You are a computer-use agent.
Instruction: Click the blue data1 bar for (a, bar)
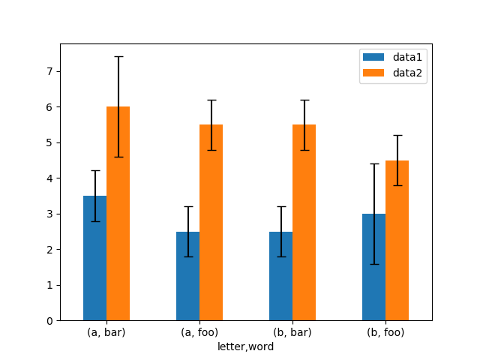click(94, 258)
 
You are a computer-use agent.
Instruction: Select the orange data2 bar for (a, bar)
click(118, 214)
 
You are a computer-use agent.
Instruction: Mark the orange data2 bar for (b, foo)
click(397, 240)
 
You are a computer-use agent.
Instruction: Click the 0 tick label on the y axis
click(50, 321)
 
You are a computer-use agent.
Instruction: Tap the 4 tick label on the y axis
click(50, 178)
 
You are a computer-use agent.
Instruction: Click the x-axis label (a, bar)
click(106, 332)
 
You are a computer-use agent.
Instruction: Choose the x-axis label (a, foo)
click(199, 332)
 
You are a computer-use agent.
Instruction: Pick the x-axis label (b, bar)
click(292, 332)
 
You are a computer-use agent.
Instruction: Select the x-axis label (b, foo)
click(385, 332)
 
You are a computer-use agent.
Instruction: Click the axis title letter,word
click(246, 346)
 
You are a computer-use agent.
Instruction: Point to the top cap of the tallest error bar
click(118, 56)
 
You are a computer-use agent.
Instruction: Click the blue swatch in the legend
click(373, 57)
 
